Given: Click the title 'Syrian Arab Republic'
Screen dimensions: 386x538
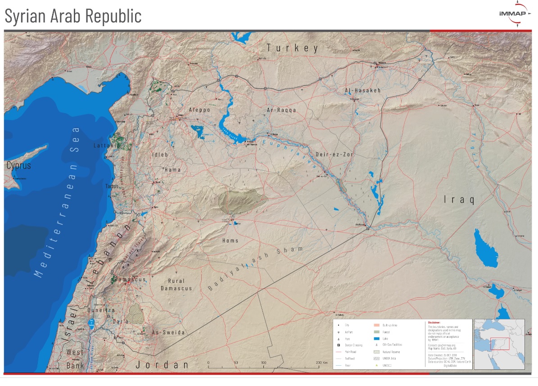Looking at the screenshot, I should pyautogui.click(x=73, y=16).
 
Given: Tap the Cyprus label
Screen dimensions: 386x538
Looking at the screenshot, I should pyautogui.click(x=18, y=165).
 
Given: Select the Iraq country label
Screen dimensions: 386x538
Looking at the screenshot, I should pyautogui.click(x=459, y=199).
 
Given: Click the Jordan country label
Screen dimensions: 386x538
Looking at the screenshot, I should pyautogui.click(x=163, y=364).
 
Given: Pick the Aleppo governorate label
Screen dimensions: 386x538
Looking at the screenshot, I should pyautogui.click(x=199, y=109).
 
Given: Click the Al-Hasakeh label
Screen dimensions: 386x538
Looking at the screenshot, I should pyautogui.click(x=362, y=91).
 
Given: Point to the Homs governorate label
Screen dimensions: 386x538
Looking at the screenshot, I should pyautogui.click(x=230, y=241).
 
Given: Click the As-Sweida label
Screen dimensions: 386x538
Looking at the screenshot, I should pyautogui.click(x=168, y=332).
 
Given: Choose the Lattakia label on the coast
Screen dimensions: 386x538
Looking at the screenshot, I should pyautogui.click(x=106, y=145).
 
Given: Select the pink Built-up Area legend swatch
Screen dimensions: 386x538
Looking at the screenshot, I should pyautogui.click(x=375, y=325).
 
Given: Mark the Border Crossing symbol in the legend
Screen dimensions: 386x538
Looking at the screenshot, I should pyautogui.click(x=338, y=345).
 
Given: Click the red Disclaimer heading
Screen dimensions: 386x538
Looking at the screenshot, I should pyautogui.click(x=434, y=322).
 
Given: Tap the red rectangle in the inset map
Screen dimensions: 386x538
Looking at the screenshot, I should pyautogui.click(x=499, y=344).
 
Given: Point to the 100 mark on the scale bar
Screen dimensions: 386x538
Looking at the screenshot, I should pyautogui.click(x=264, y=362).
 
